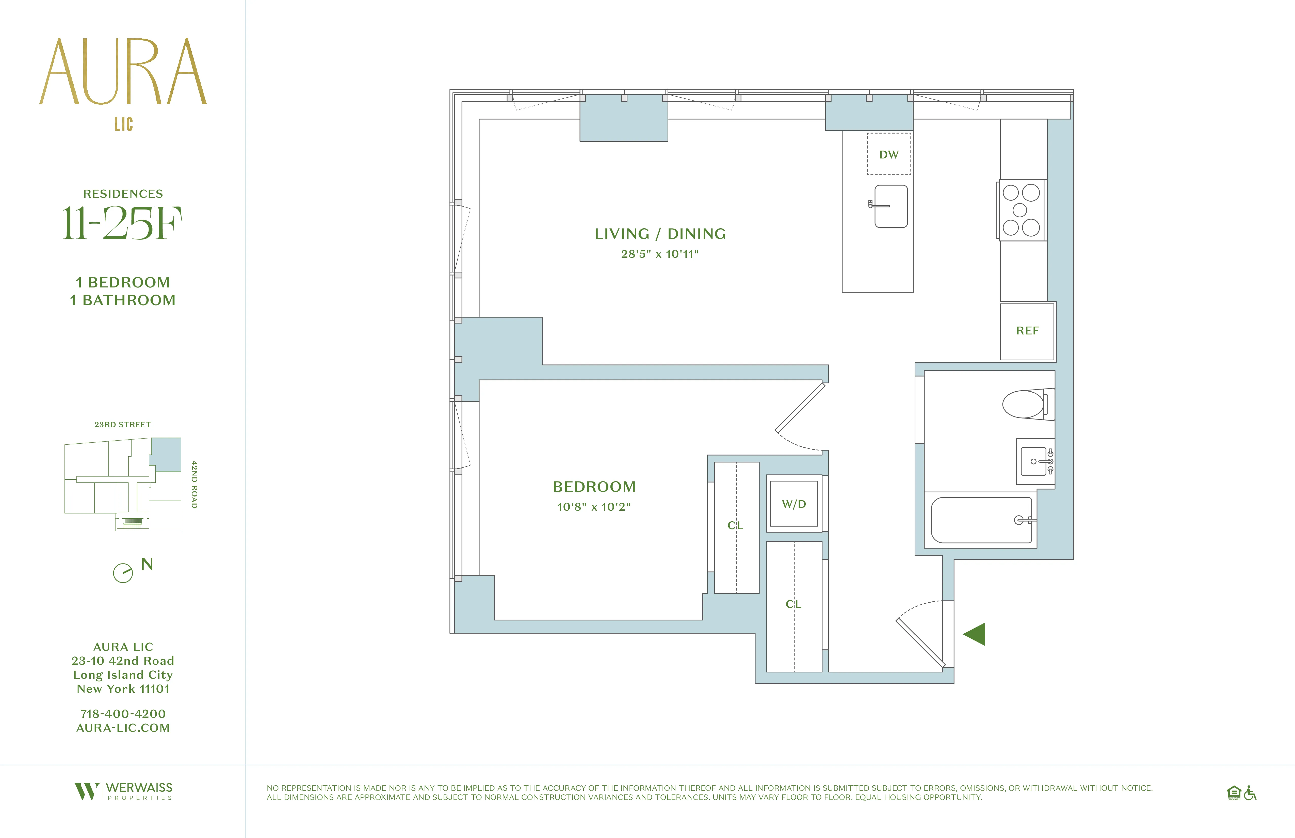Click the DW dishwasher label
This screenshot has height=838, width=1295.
click(x=888, y=155)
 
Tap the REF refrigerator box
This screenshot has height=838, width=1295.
click(x=1027, y=331)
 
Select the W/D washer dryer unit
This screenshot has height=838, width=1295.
click(x=794, y=504)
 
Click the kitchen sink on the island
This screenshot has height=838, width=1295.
click(x=891, y=206)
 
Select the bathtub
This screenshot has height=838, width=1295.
click(x=981, y=520)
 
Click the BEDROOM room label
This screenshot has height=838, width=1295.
click(x=594, y=487)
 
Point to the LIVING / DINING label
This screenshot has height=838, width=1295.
click(x=660, y=234)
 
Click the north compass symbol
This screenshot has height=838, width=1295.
click(x=123, y=572)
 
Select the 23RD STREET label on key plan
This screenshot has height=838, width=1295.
click(x=123, y=424)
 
